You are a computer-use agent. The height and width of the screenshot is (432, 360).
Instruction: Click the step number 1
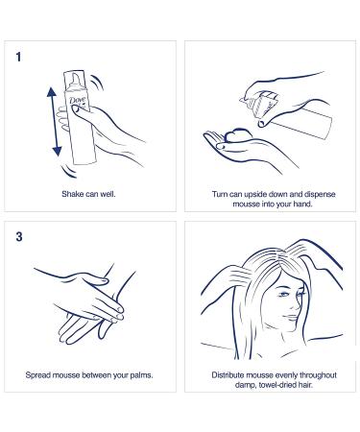pyautogui.click(x=18, y=58)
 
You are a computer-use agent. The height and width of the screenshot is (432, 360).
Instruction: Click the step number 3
pyautogui.click(x=19, y=237)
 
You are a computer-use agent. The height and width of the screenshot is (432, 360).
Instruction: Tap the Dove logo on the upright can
pyautogui.click(x=77, y=100)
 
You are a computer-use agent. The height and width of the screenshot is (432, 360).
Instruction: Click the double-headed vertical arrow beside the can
pyautogui.click(x=54, y=122)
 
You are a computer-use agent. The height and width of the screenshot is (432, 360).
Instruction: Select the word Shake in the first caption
pyautogui.click(x=72, y=194)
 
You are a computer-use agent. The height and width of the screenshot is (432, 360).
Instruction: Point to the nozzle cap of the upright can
pyautogui.click(x=75, y=80)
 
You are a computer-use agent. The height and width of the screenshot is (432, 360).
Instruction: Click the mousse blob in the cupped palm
pyautogui.click(x=237, y=135)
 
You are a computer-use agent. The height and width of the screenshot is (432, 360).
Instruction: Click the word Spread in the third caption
pyautogui.click(x=38, y=375)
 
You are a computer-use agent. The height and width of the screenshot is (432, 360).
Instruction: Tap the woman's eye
pyautogui.click(x=283, y=294)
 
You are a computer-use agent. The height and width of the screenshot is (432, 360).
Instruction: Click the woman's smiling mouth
pyautogui.click(x=291, y=317)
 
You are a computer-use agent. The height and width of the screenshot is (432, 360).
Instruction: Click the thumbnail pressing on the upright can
pyautogui.click(x=76, y=109)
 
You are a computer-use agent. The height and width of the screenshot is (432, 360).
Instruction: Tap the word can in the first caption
pyautogui.click(x=91, y=194)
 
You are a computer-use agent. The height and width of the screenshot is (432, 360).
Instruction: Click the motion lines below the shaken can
pyautogui.click(x=69, y=171)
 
